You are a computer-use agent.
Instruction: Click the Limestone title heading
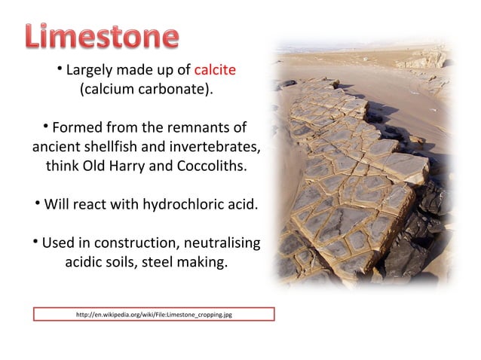point(101,37)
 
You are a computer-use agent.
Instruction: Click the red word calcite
point(215,71)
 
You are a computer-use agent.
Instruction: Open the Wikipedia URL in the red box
point(154,314)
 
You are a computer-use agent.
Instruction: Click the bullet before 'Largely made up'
point(59,70)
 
